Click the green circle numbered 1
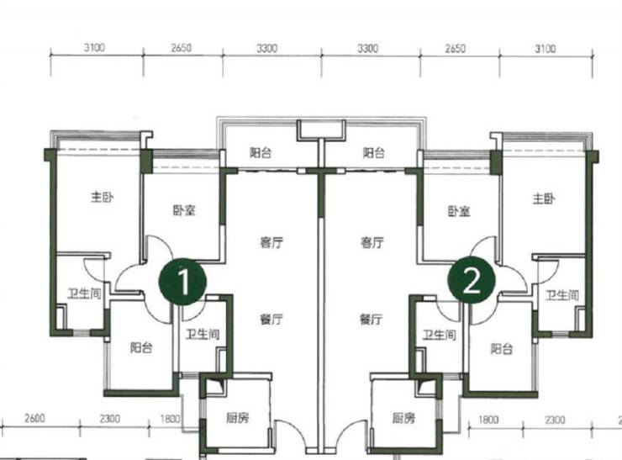pos(182,282)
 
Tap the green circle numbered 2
pos(472,280)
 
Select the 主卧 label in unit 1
pos(102,197)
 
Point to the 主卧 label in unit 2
pos(544,198)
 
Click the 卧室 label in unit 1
pos(184,210)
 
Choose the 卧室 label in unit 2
pos(459,211)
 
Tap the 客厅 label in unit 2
pos(372,242)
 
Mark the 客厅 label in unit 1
pos(271,242)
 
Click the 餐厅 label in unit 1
pos(271,319)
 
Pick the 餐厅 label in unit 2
pos(372,319)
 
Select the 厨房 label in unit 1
pos(238,418)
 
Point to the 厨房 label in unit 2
pos(403,418)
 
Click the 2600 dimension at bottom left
pos(34,418)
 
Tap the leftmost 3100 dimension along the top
pos(94,48)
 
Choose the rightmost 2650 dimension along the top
pos(455,49)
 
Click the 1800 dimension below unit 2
pos(488,420)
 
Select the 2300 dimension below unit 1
pos(110,419)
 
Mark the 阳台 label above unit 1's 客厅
pos(261,153)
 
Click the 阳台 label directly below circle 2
pos(502,349)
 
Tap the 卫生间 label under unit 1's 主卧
pos(85,293)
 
